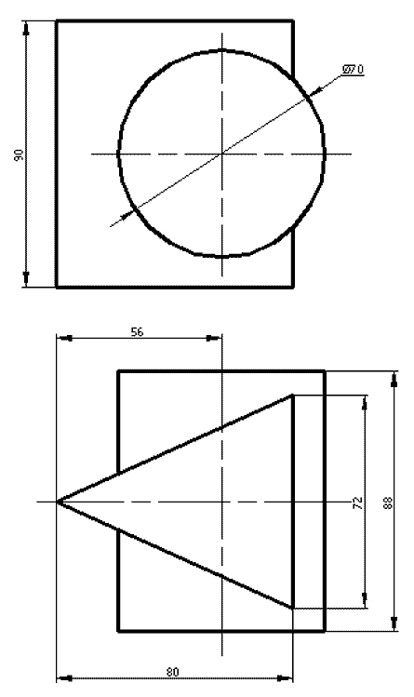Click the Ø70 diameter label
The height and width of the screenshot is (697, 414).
coord(353,70)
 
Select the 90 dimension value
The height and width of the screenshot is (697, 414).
coord(20,154)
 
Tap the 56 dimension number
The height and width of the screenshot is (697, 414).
coord(138,331)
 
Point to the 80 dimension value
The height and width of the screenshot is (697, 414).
coord(173,672)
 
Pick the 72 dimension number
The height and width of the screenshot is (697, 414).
coord(358,503)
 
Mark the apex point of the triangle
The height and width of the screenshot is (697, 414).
coord(58,502)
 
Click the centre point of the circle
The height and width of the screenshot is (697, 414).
coord(222,154)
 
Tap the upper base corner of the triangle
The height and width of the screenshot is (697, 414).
coord(292,395)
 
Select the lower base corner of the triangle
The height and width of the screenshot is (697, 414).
coord(292,608)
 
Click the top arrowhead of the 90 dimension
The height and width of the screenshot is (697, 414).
coord(26,28)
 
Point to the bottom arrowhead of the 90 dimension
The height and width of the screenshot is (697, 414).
coord(26,279)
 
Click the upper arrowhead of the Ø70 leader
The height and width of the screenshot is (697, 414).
coord(313,90)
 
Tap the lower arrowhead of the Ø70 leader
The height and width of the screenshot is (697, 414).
coord(127,215)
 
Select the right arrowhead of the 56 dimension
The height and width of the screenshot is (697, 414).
coord(214,339)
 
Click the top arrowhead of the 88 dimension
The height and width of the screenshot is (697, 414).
coord(394,379)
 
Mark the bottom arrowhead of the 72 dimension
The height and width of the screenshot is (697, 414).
coord(365,600)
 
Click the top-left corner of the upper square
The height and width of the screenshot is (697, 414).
coord(57,20)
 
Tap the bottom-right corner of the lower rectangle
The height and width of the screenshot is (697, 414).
coord(325,630)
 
